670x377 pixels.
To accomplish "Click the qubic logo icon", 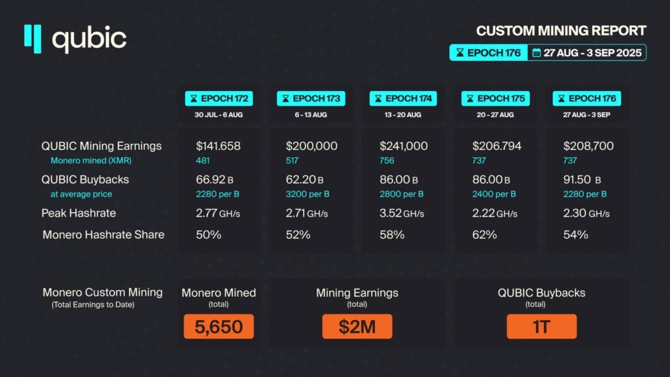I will coord(33,37).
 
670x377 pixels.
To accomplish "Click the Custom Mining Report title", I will coord(561,31).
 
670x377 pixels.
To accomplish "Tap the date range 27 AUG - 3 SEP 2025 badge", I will coord(587,52).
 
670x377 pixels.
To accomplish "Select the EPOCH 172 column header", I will coord(219,99).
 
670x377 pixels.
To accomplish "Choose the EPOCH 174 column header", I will coord(403,99).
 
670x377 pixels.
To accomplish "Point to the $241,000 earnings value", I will coord(404,146).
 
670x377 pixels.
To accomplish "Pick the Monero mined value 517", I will coord(293,160).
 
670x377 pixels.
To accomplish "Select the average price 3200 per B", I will coord(308,194).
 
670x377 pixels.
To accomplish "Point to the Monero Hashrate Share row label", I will coord(103,234).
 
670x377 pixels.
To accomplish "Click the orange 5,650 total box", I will coord(219,327).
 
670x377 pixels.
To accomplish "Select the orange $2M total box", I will coord(357,327).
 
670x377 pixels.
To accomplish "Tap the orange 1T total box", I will coord(542,327).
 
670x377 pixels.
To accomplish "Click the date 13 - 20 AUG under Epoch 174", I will coord(403,115).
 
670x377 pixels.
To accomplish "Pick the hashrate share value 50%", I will coord(208,234).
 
